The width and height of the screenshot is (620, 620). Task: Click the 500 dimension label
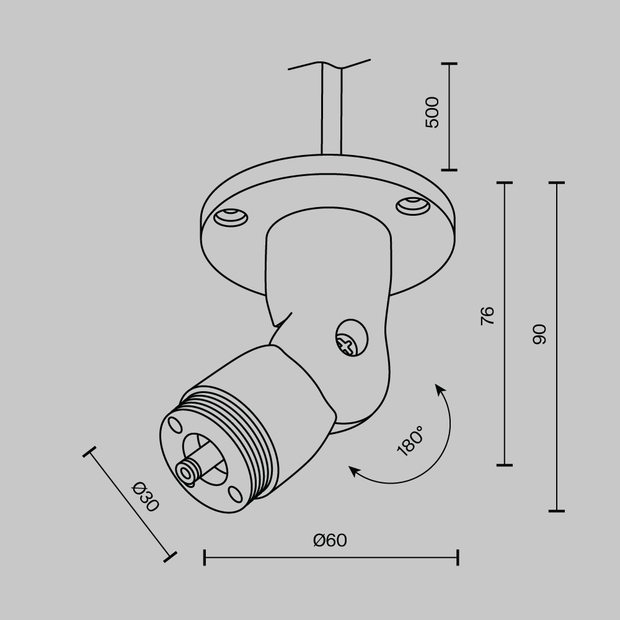click(x=432, y=112)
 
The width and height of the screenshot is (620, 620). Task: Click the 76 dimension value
click(x=488, y=316)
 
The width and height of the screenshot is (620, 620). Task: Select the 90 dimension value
click(x=539, y=334)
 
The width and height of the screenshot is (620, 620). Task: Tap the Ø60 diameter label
click(x=330, y=541)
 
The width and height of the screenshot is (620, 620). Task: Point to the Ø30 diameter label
click(x=146, y=497)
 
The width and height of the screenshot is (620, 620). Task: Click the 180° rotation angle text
click(x=410, y=441)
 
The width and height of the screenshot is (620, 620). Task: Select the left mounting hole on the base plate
click(x=230, y=217)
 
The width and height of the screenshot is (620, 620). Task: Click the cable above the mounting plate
click(x=330, y=112)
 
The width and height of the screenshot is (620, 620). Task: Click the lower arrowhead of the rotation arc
click(x=354, y=471)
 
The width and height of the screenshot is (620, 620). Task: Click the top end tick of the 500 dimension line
click(x=448, y=63)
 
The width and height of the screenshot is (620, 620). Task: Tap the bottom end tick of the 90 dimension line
click(x=556, y=511)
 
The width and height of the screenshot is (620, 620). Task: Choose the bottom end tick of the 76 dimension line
click(x=505, y=464)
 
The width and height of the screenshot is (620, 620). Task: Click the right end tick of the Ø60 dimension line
click(x=458, y=557)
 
